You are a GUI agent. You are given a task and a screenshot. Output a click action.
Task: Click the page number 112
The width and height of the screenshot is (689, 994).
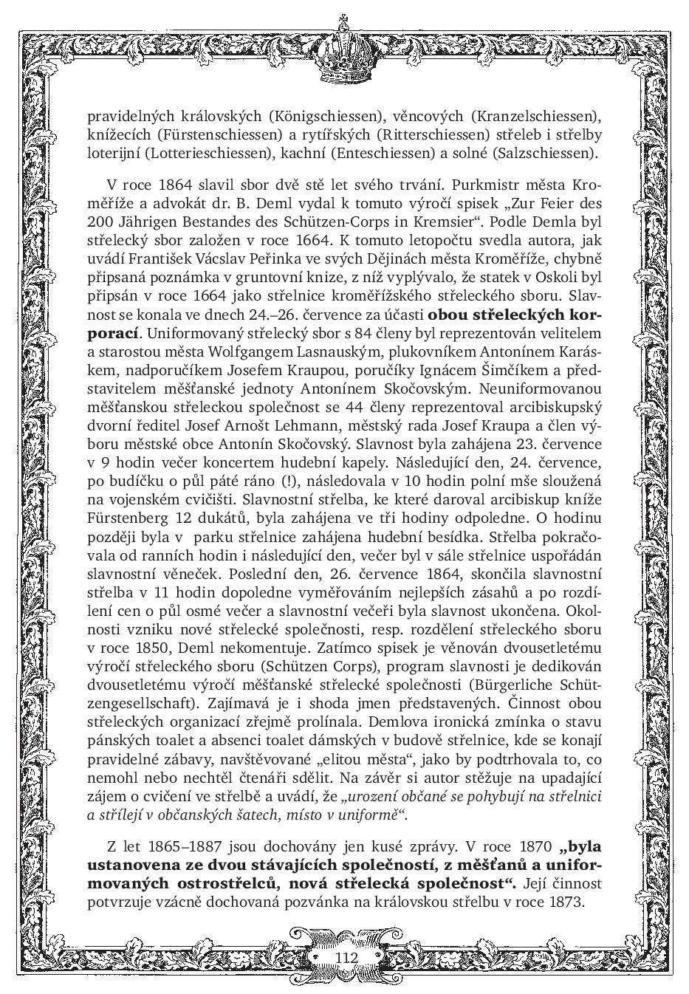(346, 957)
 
